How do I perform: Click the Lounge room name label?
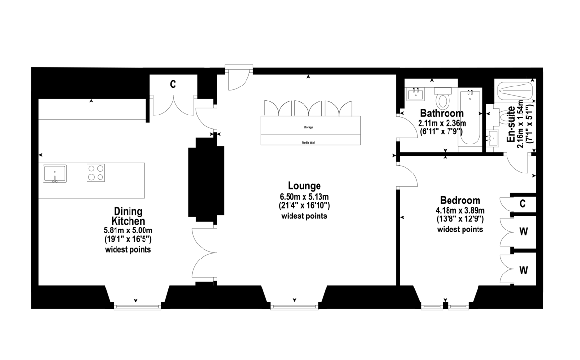coord(304,186)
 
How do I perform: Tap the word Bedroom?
coord(460,200)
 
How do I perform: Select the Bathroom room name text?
coord(442,113)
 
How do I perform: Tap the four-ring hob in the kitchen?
coord(96,173)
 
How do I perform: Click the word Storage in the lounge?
coord(308,127)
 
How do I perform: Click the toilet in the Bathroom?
coord(443,100)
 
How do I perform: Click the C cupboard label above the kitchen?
coord(172,85)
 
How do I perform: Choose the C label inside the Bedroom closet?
coord(522,203)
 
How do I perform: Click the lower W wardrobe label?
coord(522,270)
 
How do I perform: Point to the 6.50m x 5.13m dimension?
coord(304,197)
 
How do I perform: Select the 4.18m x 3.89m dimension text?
coord(460,210)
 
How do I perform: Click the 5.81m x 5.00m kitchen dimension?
coord(128,230)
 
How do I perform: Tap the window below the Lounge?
coord(294,305)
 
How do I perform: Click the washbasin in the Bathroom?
coord(416,94)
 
